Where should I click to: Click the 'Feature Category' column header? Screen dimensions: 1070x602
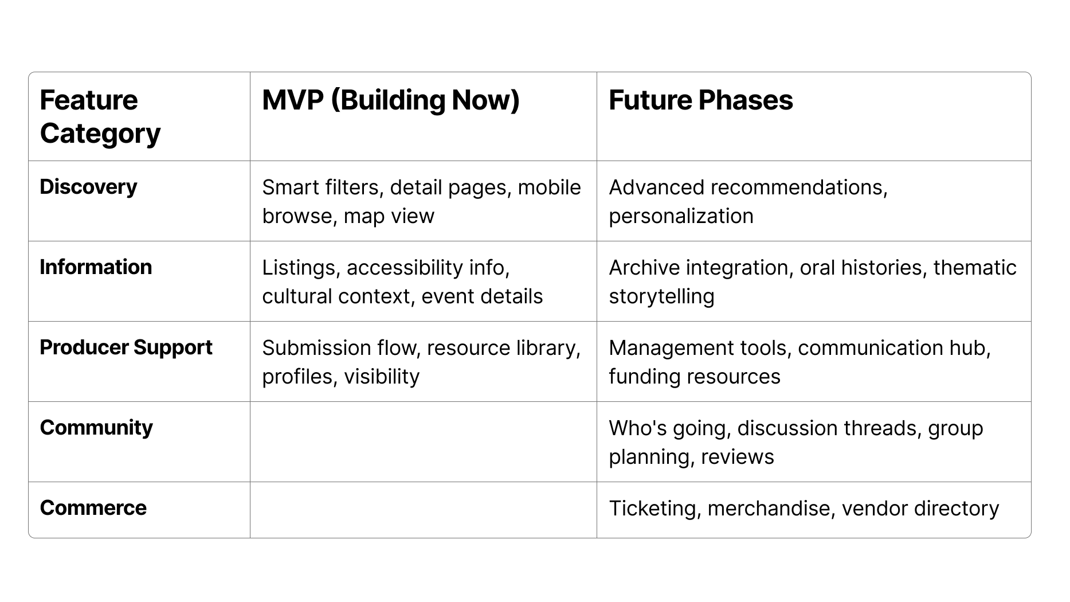[x=100, y=116]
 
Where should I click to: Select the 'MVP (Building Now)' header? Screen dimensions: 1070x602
[x=391, y=100]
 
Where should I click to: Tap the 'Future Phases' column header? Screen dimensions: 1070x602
[x=700, y=100]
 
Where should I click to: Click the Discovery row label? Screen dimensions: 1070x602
[x=88, y=187]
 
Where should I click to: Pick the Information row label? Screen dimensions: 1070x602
[x=96, y=267]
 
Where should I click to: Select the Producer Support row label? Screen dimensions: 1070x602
[x=126, y=347]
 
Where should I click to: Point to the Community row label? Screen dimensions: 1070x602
[x=96, y=428]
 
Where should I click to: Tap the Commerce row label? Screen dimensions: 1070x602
[x=93, y=508]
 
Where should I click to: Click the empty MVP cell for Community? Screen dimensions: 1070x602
[x=423, y=441]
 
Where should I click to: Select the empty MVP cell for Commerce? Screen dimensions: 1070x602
[x=423, y=510]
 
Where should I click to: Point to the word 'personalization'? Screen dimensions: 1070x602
[x=681, y=216]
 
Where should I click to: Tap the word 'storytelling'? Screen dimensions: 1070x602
[x=661, y=296]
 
